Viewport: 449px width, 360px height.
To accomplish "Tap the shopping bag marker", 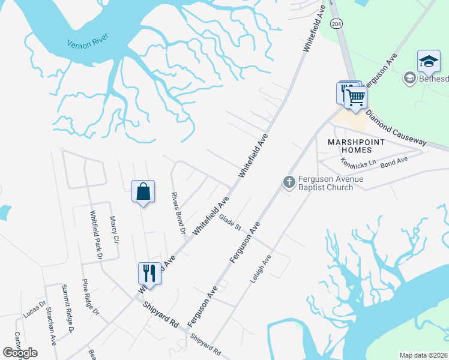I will click(x=143, y=192).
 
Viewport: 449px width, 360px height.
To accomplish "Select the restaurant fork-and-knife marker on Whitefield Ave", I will click(x=149, y=274).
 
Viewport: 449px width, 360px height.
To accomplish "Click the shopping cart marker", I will click(x=356, y=97).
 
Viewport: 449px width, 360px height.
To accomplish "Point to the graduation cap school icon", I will click(x=429, y=61).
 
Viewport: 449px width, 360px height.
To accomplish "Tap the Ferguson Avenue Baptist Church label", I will click(x=326, y=182).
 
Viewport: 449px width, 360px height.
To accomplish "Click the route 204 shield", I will click(x=337, y=24).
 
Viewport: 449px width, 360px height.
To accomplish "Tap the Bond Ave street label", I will click(x=394, y=161).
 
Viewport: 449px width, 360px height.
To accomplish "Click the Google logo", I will click(x=20, y=352).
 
